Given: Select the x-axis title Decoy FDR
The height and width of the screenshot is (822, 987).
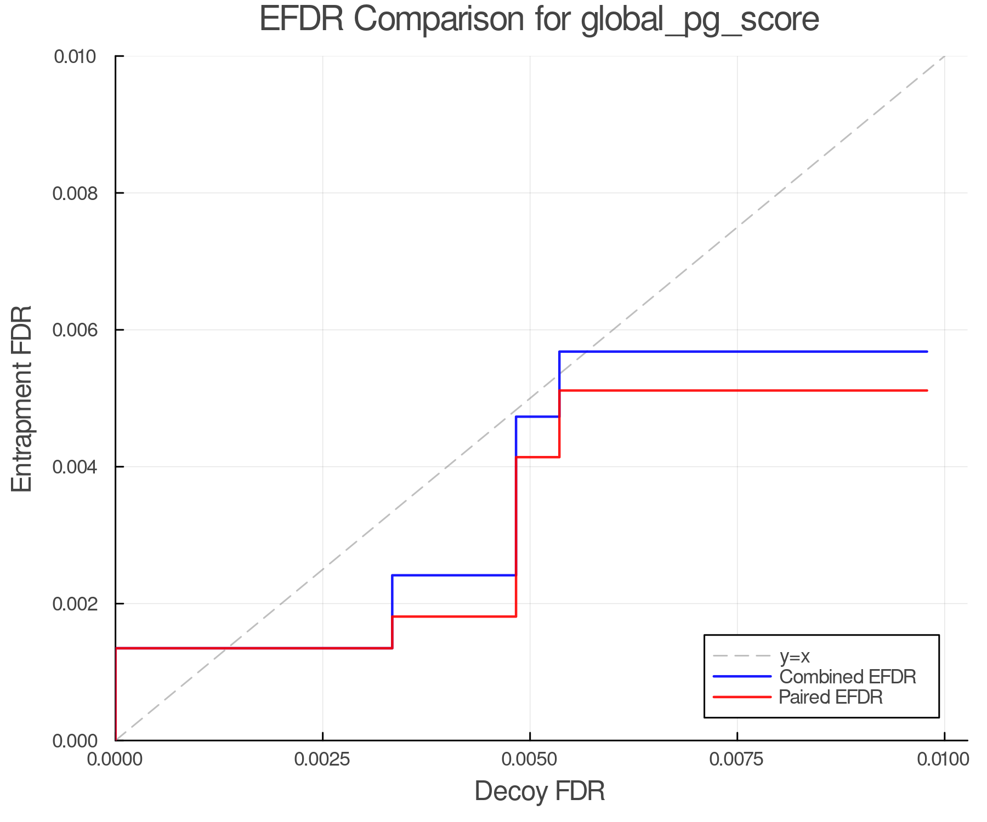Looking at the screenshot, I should pos(540,791).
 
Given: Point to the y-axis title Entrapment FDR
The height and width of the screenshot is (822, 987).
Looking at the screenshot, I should pos(22,398).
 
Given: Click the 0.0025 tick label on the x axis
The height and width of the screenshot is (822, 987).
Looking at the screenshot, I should pos(322,759).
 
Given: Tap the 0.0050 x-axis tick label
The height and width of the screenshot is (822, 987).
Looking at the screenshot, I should pos(530,759).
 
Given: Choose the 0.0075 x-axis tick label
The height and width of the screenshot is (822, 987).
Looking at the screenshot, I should pos(737,759).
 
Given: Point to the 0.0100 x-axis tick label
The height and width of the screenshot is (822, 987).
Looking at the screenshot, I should pos(944,759).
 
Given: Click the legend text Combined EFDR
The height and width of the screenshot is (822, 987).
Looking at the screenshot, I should pos(847,677).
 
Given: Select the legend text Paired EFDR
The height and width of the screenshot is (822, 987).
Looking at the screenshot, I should pos(831,697).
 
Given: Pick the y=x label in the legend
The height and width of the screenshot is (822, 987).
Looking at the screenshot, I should pos(795,657).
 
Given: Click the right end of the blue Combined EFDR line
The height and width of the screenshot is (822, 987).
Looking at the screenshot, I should pos(927,351).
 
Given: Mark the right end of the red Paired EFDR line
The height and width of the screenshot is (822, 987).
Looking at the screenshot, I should pos(927,390).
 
